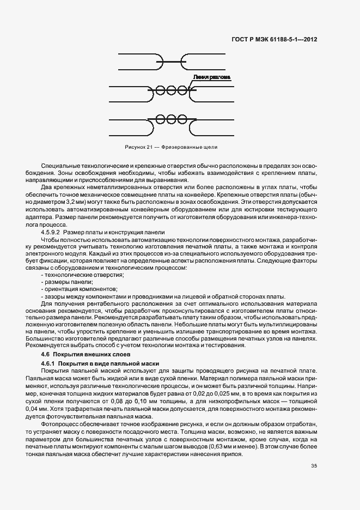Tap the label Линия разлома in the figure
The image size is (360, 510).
pos(212,78)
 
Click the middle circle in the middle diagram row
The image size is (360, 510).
pos(171,90)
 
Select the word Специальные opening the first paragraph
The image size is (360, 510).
pos(58,166)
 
